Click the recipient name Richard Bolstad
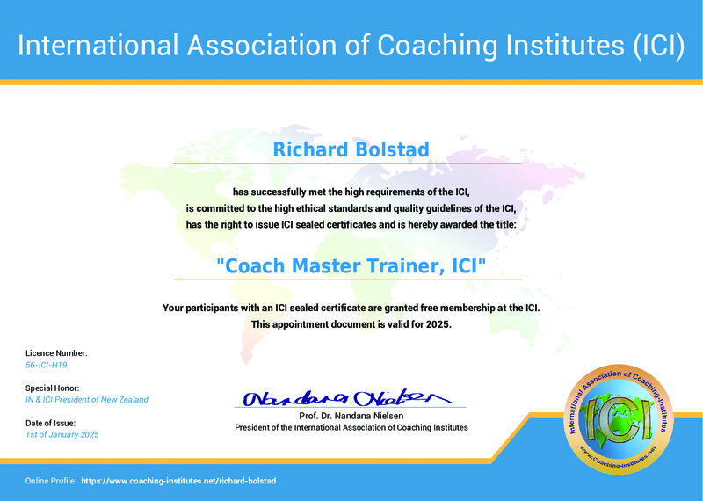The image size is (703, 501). coord(351,149)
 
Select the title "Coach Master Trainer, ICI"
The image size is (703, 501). coord(351,265)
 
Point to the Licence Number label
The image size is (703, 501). coord(56,352)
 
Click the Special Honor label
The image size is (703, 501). coord(53,388)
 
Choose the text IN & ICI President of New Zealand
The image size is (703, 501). coord(87,400)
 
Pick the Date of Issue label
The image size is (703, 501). coord(51,423)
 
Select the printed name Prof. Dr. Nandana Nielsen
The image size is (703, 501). coord(351,415)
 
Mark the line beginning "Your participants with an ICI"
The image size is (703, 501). coord(351,308)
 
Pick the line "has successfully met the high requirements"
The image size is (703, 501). coord(351,192)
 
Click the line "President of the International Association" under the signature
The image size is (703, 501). coord(351,427)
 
